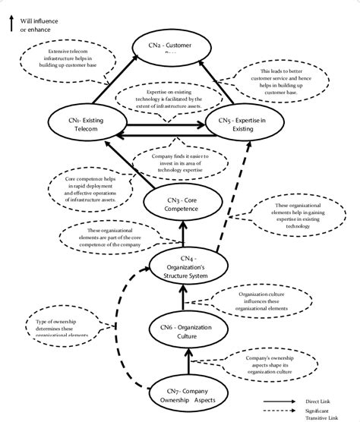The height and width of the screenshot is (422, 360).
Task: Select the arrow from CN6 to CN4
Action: [182, 303]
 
